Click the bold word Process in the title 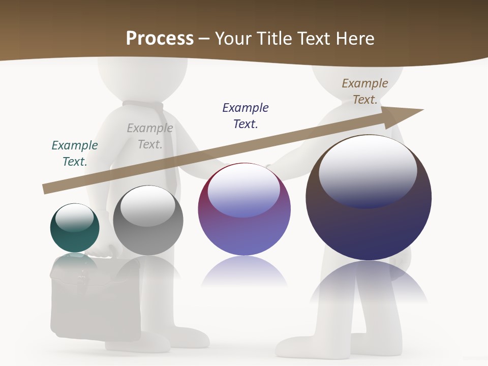(x=160, y=38)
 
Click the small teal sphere (x=75, y=228)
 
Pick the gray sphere (x=148, y=221)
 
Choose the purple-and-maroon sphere (x=244, y=209)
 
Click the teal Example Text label (x=75, y=154)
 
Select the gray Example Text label (x=150, y=136)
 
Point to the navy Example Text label (x=246, y=115)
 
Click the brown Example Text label (x=365, y=91)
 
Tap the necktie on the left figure (x=170, y=147)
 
